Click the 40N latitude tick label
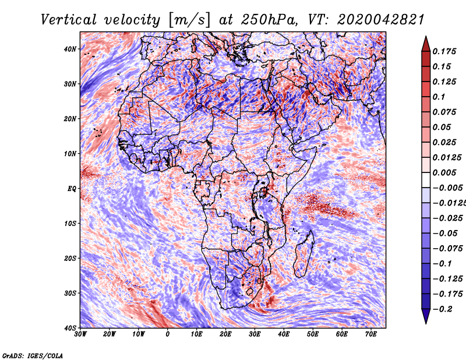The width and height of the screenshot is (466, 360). [70, 49]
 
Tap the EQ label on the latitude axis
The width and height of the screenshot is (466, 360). [72, 189]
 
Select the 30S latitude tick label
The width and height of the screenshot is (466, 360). [70, 293]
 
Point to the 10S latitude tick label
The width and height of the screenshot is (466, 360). [70, 223]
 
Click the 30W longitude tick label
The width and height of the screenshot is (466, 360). [80, 334]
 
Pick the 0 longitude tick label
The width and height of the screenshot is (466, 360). [168, 334]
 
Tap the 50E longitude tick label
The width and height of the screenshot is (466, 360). [313, 334]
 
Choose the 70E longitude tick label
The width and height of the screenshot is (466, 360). [371, 334]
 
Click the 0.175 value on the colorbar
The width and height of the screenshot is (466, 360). [444, 51]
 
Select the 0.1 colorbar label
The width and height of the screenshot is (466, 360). [439, 97]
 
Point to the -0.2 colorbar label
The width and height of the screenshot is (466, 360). [442, 309]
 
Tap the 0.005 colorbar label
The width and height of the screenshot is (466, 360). [444, 172]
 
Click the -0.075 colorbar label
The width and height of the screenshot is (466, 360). [447, 249]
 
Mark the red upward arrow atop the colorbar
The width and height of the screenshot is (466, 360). [426, 44]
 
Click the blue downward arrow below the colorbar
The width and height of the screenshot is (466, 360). [426, 316]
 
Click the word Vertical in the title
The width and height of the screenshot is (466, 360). [69, 20]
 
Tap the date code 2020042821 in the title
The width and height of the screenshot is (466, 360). [381, 20]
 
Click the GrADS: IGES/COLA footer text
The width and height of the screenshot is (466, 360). [33, 356]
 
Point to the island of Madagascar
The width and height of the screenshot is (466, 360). [303, 253]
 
